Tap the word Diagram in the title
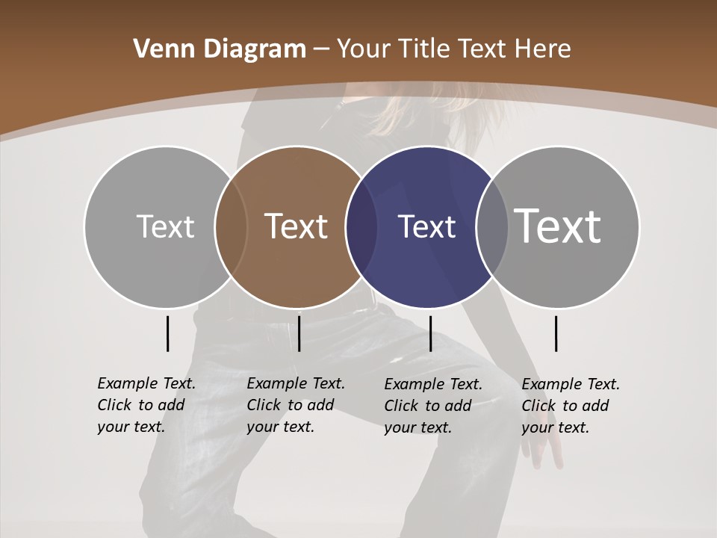pos(255,49)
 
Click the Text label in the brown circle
pos(297,226)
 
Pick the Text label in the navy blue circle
pos(426,227)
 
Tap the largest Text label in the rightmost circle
pos(558,226)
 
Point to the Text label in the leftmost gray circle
pos(165,226)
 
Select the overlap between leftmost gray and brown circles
pos(231,227)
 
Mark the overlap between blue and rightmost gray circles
pos(492,227)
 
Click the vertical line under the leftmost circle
pos(167,333)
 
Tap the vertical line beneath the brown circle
pos(299,333)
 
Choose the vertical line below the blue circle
pos(430,333)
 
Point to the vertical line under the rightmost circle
pos(556,333)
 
